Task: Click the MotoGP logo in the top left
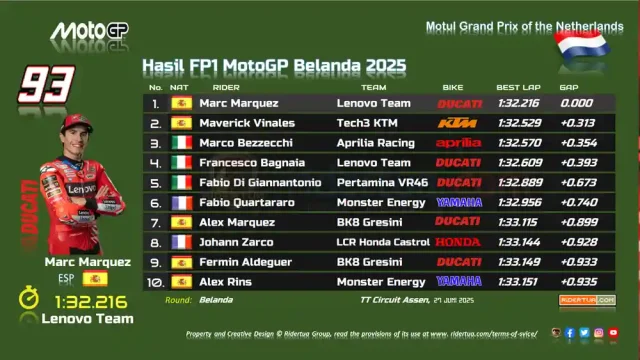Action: (x=89, y=31)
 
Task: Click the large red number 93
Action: (x=46, y=84)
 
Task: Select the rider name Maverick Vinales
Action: (x=246, y=123)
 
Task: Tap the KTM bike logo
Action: (x=458, y=123)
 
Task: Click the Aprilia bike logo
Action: (x=458, y=143)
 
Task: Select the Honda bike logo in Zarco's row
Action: (x=458, y=242)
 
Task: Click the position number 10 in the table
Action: (x=154, y=282)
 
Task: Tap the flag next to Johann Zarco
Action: (x=181, y=242)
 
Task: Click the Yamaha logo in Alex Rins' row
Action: (x=458, y=282)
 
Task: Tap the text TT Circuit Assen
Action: (x=397, y=300)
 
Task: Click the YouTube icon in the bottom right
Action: (x=613, y=333)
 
